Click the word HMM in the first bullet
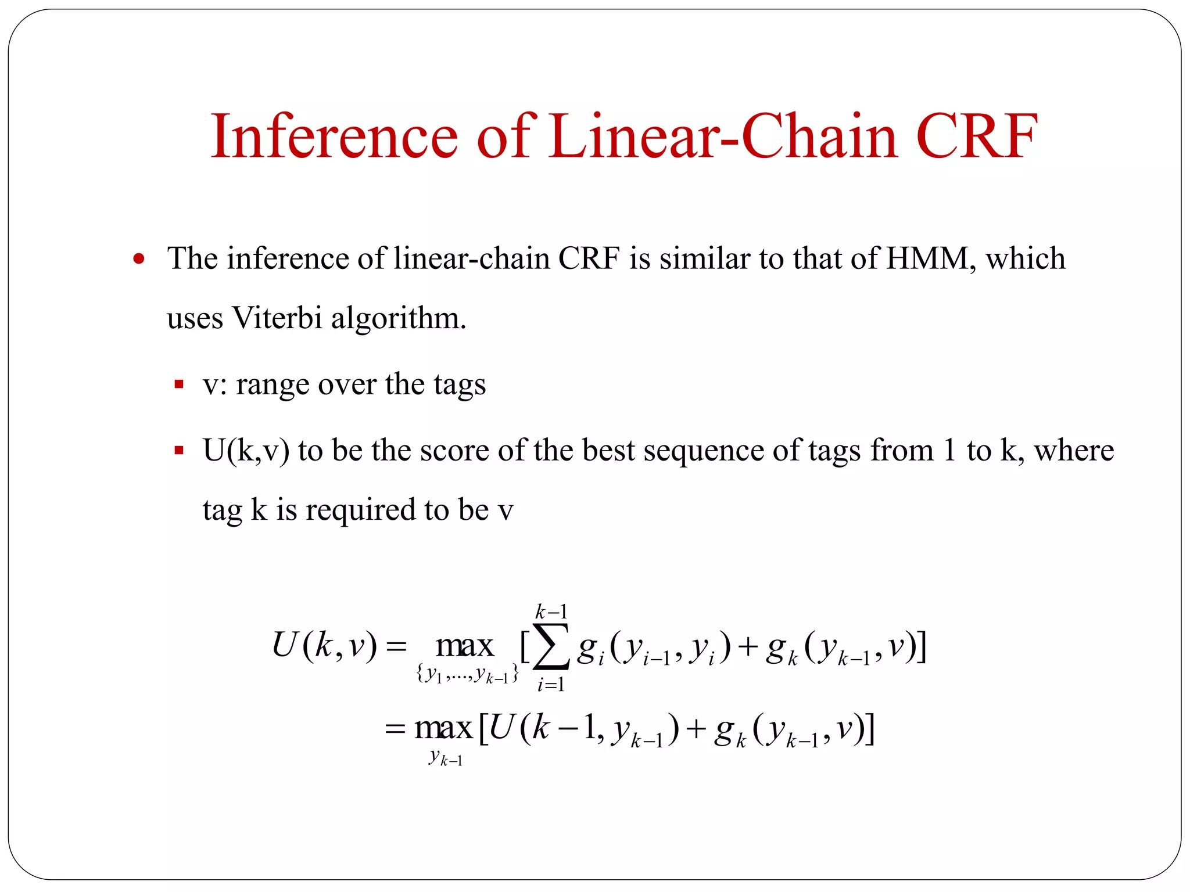(927, 258)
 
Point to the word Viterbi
(277, 318)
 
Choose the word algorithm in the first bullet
(398, 319)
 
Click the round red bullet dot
(138, 258)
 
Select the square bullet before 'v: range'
(179, 384)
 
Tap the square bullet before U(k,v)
(179, 450)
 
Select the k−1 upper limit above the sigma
(551, 612)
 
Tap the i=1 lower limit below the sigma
(551, 685)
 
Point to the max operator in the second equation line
(443, 728)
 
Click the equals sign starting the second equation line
(395, 729)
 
